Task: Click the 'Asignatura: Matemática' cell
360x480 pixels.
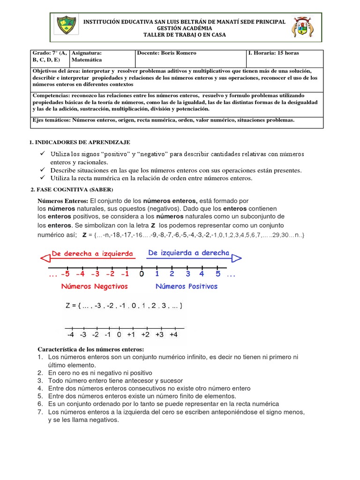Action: coord(102,57)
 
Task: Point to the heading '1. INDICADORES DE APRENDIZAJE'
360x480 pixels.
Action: coord(80,142)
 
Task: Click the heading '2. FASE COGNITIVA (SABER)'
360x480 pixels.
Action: coord(76,189)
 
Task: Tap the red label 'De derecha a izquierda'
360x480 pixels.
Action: coord(93,254)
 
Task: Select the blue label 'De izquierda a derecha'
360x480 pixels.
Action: coord(188,253)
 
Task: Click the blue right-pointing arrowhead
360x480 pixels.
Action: coord(237,257)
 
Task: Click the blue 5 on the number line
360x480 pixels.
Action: coord(217,274)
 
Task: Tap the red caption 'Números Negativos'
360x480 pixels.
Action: coord(94,286)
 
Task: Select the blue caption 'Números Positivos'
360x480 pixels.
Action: coord(187,286)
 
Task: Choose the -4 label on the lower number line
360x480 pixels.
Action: coord(71,335)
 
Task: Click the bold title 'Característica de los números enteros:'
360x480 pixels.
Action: coord(90,350)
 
